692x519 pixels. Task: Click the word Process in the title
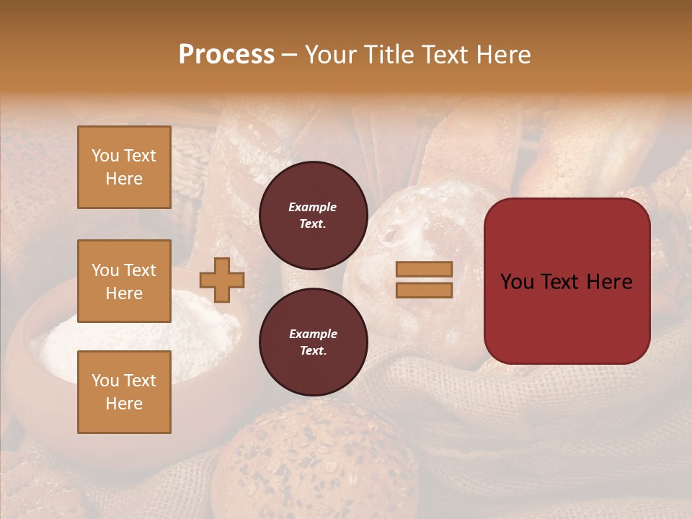pyautogui.click(x=226, y=54)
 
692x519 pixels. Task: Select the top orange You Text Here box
pyautogui.click(x=124, y=167)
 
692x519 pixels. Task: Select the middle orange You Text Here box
pyautogui.click(x=124, y=281)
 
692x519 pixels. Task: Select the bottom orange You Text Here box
pyautogui.click(x=124, y=392)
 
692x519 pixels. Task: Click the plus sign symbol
pyautogui.click(x=222, y=280)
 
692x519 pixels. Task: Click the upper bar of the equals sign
pyautogui.click(x=425, y=269)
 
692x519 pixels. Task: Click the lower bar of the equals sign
pyautogui.click(x=425, y=290)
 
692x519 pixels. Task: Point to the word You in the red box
pyautogui.click(x=516, y=281)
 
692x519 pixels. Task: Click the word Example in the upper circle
pyautogui.click(x=313, y=207)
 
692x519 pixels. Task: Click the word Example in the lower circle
pyautogui.click(x=313, y=334)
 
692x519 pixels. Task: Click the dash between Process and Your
pyautogui.click(x=289, y=55)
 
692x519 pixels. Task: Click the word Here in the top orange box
pyautogui.click(x=124, y=179)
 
